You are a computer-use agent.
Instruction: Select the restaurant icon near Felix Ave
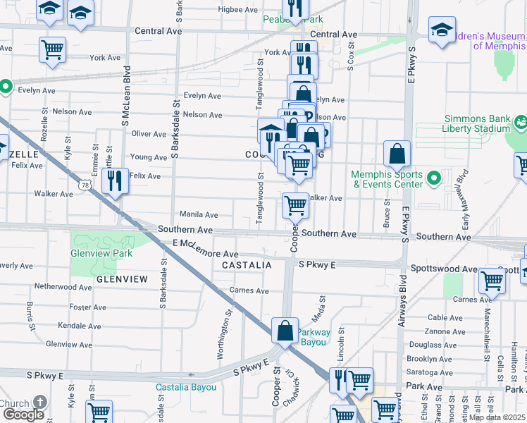[x=113, y=181]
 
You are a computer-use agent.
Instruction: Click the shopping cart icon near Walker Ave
[x=295, y=206]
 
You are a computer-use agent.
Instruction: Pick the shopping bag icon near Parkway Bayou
[x=285, y=331]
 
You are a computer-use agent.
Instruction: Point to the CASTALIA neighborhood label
[x=247, y=265]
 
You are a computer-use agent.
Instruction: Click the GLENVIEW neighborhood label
[x=122, y=279]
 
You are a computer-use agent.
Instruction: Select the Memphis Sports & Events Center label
[x=388, y=179]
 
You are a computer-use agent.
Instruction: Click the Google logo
[x=23, y=415]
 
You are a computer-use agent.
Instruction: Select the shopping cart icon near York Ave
[x=52, y=50]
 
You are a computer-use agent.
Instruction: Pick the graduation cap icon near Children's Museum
[x=442, y=30]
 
